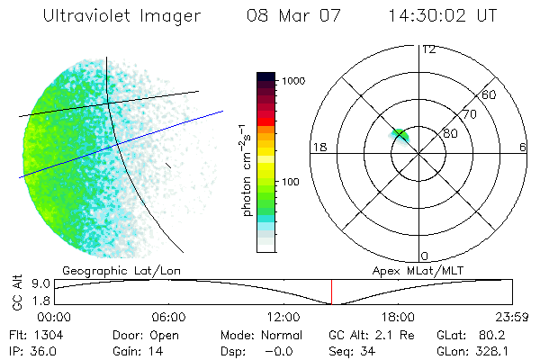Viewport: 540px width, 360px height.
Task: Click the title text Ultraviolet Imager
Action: point(122,16)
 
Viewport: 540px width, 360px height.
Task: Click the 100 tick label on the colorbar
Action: point(292,182)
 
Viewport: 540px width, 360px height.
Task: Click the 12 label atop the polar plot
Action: point(428,49)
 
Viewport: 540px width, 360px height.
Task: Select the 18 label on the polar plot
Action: point(319,147)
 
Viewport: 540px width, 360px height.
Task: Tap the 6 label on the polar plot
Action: point(522,147)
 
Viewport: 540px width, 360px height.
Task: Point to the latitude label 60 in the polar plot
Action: point(490,94)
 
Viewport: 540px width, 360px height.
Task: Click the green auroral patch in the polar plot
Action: point(399,135)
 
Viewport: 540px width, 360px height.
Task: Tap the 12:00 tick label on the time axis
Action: point(283,318)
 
